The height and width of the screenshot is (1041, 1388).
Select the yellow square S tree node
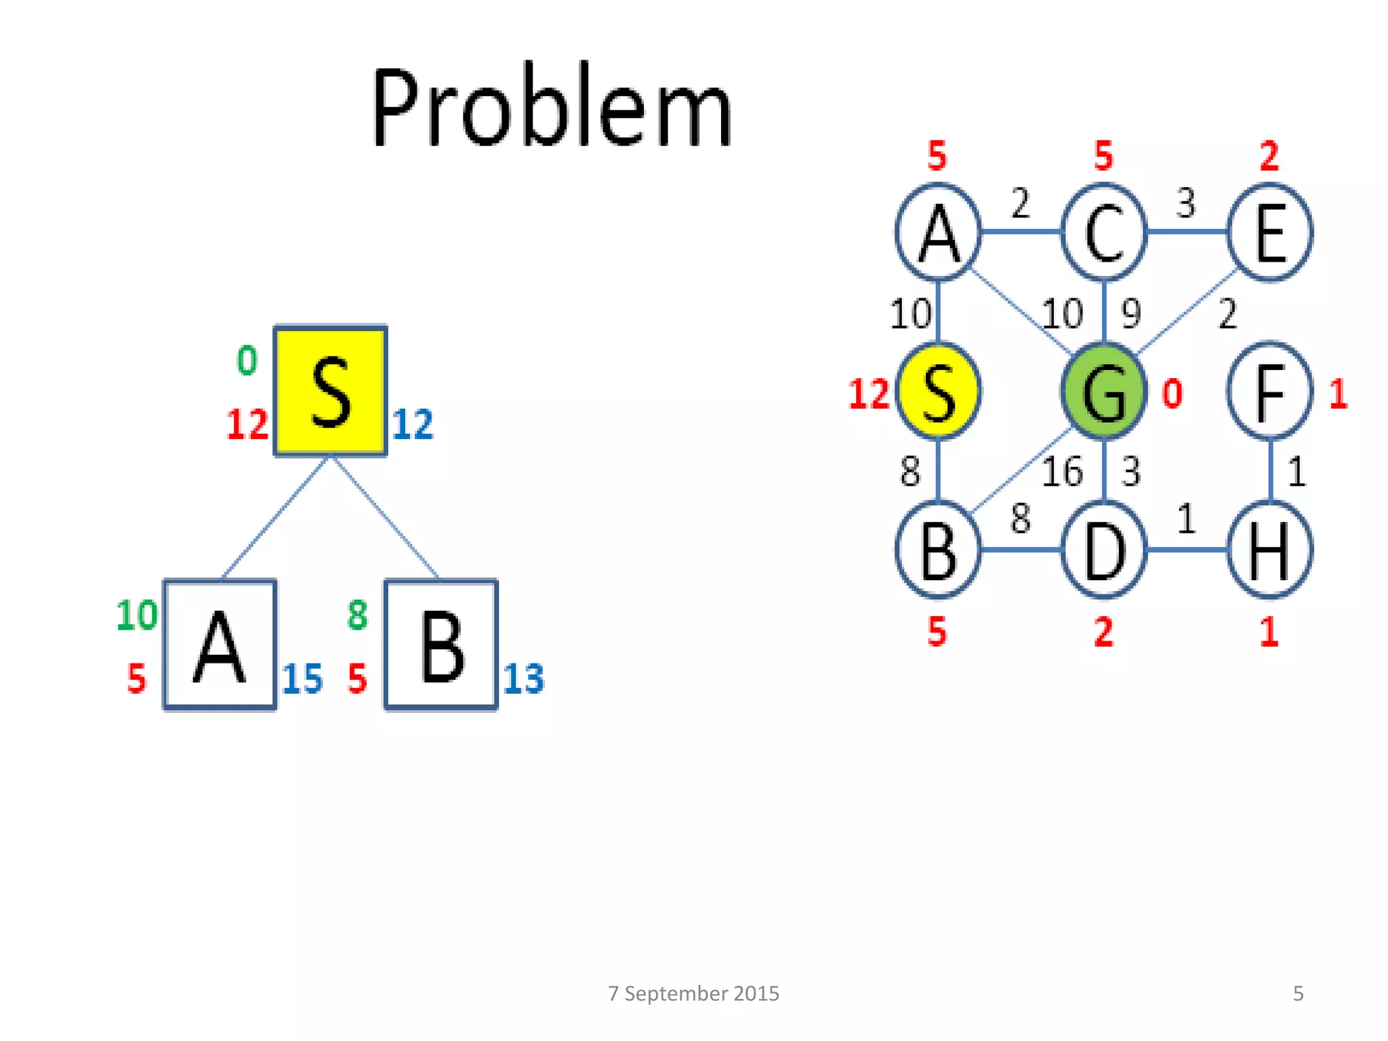[x=330, y=391]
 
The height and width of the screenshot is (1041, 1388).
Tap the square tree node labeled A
[x=220, y=645]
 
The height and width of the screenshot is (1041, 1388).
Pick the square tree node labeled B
[x=441, y=645]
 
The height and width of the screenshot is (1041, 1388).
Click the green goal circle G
[x=1104, y=392]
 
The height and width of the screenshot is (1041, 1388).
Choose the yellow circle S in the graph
[x=938, y=392]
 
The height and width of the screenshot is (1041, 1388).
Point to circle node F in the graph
[x=1269, y=392]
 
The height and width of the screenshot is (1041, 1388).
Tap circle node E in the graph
[x=1269, y=232]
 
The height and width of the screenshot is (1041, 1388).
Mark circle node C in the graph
[x=1104, y=232]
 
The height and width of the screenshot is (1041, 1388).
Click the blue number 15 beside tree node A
[x=302, y=678]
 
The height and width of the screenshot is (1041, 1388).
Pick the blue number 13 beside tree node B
[x=523, y=678]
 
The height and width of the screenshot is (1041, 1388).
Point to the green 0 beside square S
[x=247, y=361]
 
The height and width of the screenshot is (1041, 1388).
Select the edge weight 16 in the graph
[x=1062, y=472]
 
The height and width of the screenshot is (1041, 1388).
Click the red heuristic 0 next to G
[x=1172, y=394]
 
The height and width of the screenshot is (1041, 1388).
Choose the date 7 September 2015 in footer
[x=693, y=994]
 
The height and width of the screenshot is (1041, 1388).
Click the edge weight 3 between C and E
[x=1185, y=203]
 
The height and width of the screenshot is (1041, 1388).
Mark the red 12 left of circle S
[x=868, y=394]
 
